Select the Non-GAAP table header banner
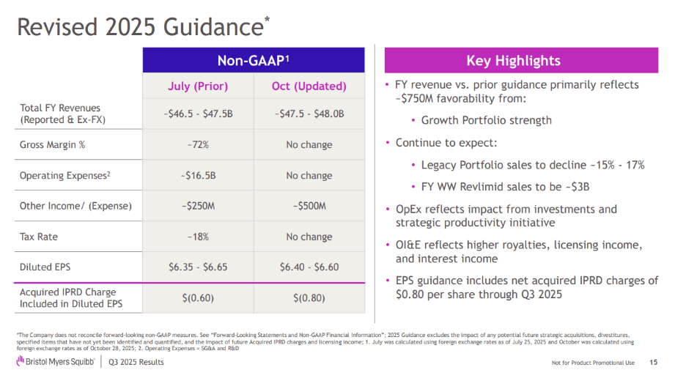point(254,60)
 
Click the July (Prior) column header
point(198,86)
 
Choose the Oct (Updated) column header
point(309,86)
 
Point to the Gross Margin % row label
point(52,144)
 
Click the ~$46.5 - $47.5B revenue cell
point(198,114)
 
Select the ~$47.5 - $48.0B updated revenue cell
point(309,114)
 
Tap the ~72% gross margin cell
point(198,144)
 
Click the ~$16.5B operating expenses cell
point(198,175)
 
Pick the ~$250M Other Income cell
point(198,206)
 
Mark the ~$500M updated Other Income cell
point(309,206)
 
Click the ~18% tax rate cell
point(198,237)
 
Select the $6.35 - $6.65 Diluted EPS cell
point(198,267)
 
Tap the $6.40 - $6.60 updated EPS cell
point(309,267)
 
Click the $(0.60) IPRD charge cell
point(198,297)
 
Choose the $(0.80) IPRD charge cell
point(309,297)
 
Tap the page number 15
point(653,362)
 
